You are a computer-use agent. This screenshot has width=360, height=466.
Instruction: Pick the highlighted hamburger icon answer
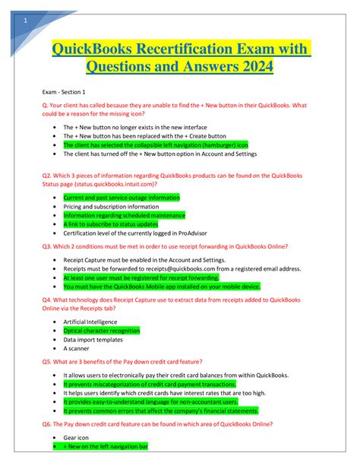[155, 144]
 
